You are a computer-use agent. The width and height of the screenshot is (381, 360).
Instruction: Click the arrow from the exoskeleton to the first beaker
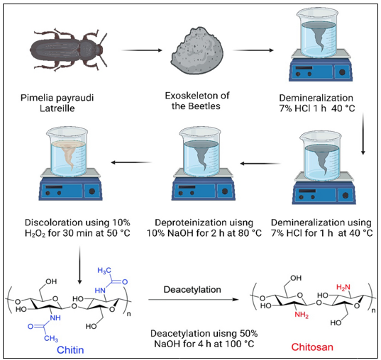coord(252,50)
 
